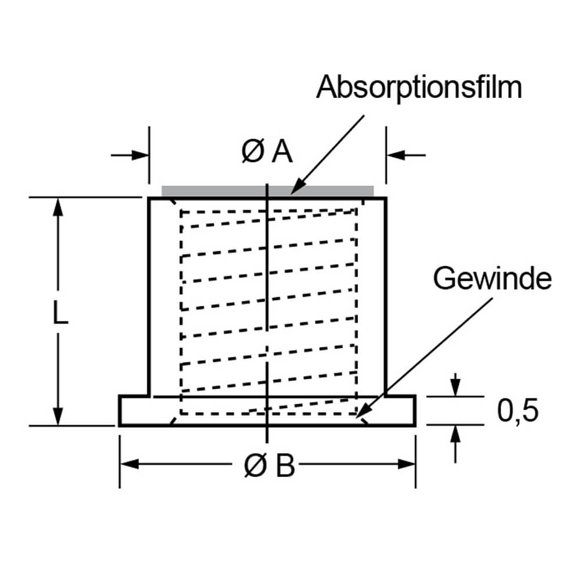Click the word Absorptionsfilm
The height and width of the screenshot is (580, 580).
point(419,87)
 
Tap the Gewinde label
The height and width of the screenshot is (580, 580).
point(492,280)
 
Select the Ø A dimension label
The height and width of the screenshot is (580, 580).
point(267,153)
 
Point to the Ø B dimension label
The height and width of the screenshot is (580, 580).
point(269,465)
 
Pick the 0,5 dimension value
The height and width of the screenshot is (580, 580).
point(518,411)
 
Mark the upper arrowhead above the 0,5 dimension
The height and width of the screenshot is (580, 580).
point(456,390)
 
